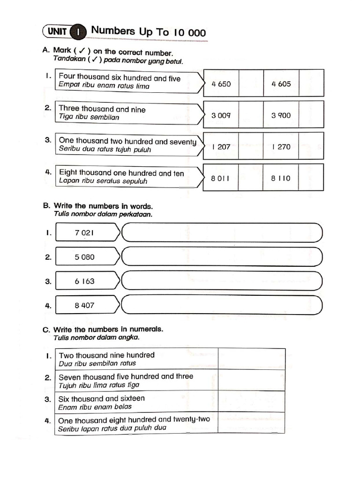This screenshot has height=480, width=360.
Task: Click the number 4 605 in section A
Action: (281, 84)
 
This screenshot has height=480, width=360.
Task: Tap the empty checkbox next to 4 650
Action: (251, 84)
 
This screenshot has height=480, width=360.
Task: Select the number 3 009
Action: (221, 115)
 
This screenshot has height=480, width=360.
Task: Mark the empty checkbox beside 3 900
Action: (311, 115)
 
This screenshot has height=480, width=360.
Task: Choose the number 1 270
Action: (281, 147)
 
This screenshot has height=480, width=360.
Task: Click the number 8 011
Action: (221, 178)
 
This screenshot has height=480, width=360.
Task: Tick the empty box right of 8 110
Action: (311, 178)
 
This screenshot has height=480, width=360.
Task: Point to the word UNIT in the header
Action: (56, 32)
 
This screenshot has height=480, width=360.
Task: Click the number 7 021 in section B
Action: (84, 232)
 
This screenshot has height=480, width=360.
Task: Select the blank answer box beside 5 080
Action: (222, 257)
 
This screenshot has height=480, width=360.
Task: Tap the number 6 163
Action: (84, 281)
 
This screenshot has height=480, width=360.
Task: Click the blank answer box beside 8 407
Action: (222, 306)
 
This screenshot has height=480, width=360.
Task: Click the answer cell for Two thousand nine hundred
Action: (251, 359)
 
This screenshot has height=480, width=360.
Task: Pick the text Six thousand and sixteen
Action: (101, 398)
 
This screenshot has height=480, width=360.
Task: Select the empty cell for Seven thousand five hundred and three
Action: (251, 380)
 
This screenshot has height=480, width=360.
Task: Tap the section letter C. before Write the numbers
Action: (46, 330)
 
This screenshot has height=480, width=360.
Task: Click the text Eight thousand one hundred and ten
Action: (121, 173)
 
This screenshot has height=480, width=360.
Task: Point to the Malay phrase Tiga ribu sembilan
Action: (89, 118)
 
